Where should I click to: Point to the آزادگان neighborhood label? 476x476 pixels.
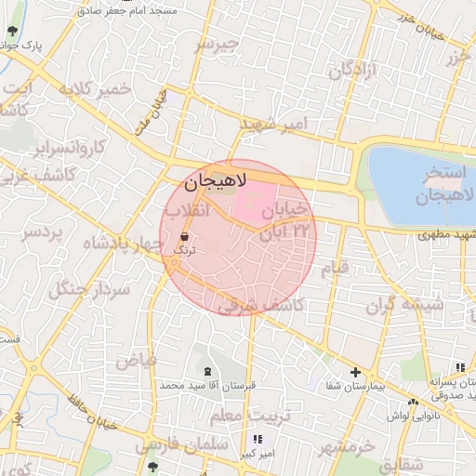(352, 69)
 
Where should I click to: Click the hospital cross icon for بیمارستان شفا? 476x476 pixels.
(354, 372)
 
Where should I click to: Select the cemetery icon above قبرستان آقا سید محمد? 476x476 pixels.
(220, 371)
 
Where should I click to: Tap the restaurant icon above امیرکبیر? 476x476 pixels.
(258, 439)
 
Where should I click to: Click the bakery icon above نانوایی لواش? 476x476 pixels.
(413, 402)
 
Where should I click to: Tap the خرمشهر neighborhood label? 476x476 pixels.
(346, 448)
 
